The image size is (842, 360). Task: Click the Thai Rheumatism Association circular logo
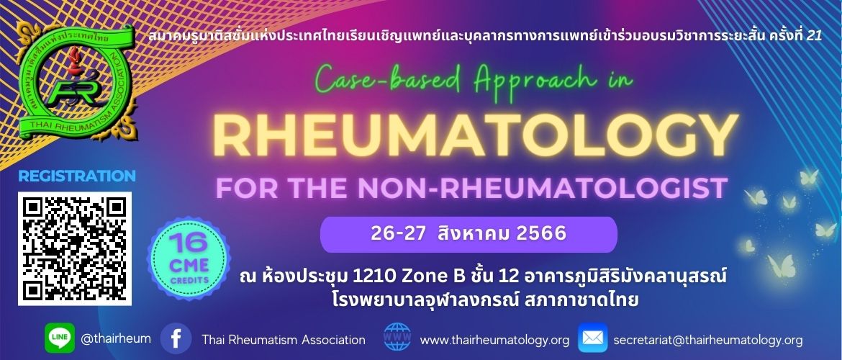click(74, 81)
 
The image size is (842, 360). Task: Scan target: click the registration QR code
click(75, 249)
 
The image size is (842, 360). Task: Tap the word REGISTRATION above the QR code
click(77, 176)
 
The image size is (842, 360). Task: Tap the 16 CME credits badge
click(189, 258)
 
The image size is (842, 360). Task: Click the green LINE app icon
click(60, 338)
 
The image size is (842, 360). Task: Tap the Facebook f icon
click(176, 338)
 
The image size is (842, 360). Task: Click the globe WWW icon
click(397, 338)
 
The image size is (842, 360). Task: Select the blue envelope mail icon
click(593, 338)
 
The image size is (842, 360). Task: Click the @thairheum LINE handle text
click(115, 339)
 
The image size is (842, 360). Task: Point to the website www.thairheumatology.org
click(494, 340)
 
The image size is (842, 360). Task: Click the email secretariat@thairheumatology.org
click(707, 340)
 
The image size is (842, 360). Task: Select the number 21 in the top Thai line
click(815, 37)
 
